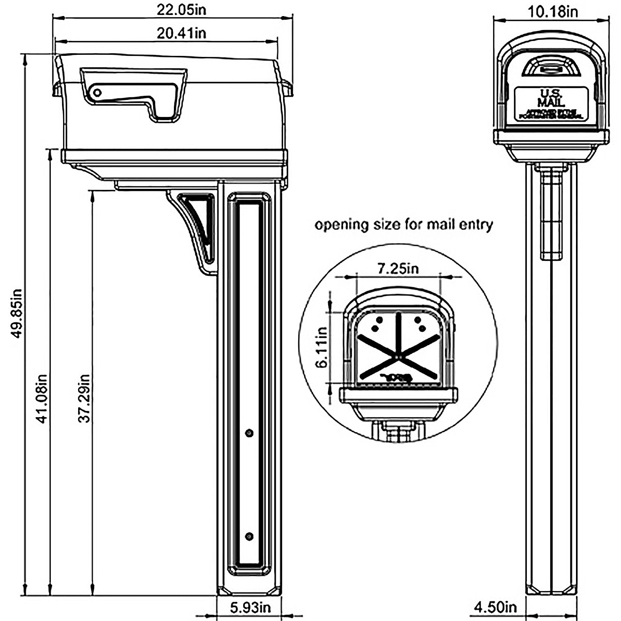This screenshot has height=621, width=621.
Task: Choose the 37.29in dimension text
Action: (x=84, y=398)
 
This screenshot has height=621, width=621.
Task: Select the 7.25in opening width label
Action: (x=397, y=268)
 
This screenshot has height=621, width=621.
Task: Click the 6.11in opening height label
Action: (x=322, y=347)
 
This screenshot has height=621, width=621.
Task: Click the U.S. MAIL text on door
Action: (x=551, y=97)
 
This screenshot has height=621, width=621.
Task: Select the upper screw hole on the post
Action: (x=249, y=433)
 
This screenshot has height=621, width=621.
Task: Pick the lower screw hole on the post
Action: (x=249, y=536)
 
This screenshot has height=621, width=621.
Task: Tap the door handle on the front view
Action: (x=551, y=68)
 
